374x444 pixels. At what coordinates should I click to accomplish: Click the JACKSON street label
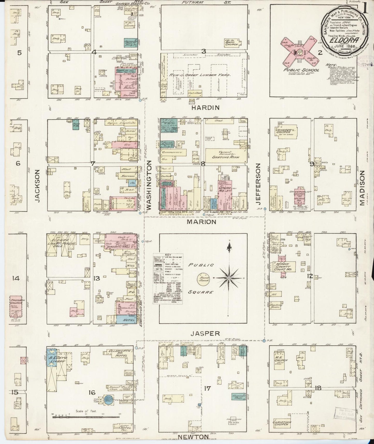38,186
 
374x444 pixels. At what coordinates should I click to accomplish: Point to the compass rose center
229,278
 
